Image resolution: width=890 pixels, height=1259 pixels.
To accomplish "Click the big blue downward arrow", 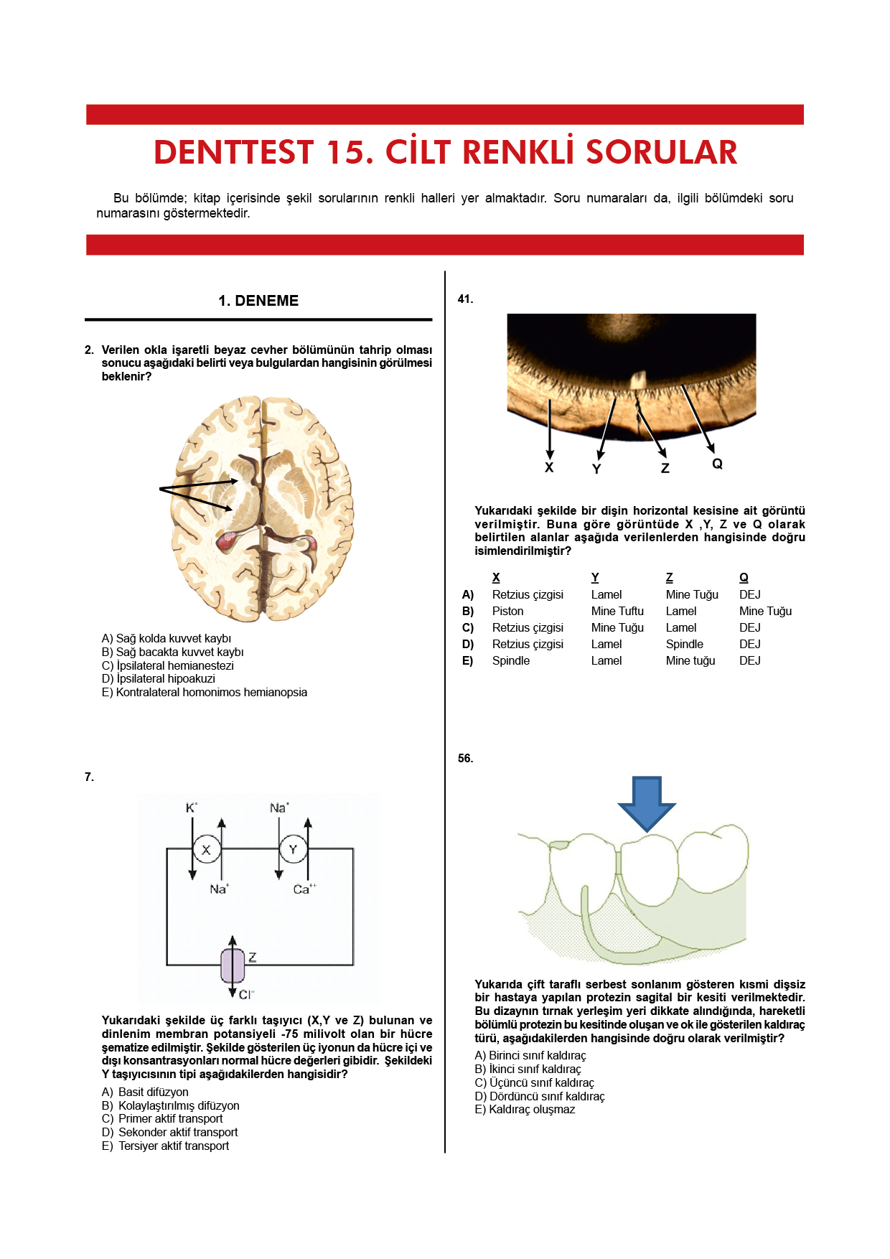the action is click(647, 802).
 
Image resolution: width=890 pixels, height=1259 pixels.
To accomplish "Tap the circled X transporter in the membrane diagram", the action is click(207, 850).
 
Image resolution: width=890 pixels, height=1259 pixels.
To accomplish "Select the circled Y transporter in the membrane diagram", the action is click(293, 850).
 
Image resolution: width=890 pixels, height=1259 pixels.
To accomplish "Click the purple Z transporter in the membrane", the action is click(233, 965).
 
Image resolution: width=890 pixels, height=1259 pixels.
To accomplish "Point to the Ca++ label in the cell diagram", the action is click(304, 889).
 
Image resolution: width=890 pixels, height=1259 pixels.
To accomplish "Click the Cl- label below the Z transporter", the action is click(247, 995).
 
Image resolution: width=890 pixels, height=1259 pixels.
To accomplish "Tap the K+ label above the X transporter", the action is click(192, 808).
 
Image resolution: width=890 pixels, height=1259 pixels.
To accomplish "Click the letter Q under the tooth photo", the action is click(717, 464).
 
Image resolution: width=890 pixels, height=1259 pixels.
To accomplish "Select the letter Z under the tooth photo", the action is click(665, 469).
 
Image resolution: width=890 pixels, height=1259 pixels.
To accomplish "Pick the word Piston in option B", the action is click(507, 612).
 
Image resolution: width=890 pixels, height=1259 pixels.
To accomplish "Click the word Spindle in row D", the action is click(684, 645).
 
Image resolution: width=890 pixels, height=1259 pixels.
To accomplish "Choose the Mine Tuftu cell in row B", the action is click(617, 612).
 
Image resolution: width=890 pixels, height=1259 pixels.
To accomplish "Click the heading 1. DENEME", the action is click(258, 301).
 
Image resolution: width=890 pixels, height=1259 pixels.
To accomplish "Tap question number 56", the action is click(465, 759).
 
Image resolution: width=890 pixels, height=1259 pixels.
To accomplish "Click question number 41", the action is click(465, 299).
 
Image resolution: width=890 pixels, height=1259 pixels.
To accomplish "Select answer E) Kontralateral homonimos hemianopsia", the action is click(205, 693).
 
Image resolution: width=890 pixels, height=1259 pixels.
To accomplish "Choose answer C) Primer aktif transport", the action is click(162, 1119).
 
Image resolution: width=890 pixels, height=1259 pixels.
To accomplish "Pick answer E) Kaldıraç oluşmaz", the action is click(525, 1110).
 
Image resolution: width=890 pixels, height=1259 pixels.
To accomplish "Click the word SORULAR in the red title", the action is click(661, 152).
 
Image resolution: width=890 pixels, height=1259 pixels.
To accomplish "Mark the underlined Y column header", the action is click(595, 578).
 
